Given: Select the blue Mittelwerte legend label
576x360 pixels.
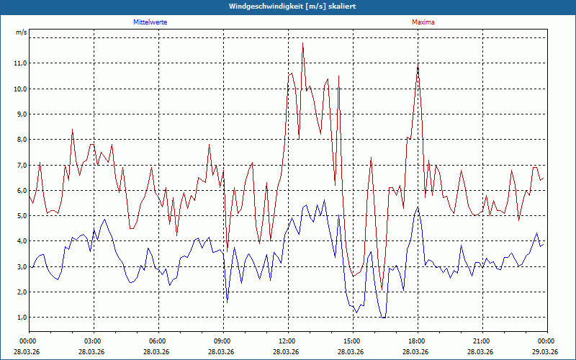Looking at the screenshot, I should point(150,22).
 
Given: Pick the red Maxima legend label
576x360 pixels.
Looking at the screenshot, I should point(423,22).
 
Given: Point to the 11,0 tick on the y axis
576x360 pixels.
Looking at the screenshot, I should point(20,63).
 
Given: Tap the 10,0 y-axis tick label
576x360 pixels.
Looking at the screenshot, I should point(20,89).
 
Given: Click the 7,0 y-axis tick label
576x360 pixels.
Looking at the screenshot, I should point(20,165).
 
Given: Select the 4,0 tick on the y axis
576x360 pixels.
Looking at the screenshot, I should point(20,241).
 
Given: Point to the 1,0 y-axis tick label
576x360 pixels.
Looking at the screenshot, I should point(20,318).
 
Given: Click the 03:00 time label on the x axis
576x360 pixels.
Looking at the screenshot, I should point(93,341).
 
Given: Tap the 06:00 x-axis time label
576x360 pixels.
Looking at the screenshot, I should point(158,341).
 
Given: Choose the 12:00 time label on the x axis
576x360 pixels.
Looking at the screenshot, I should point(287,341).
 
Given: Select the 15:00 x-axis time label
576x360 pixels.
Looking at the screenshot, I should point(351,341).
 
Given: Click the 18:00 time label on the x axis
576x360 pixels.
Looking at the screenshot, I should point(416,341).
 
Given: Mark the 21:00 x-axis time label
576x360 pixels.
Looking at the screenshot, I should point(481,341).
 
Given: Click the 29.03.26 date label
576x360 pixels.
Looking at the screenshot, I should point(546,352).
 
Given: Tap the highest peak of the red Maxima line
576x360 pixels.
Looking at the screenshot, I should point(302,42).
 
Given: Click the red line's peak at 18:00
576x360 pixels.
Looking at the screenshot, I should point(418,65).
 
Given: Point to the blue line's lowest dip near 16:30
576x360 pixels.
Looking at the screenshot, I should point(384,317).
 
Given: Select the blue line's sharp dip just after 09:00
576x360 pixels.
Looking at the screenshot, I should point(228,301).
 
